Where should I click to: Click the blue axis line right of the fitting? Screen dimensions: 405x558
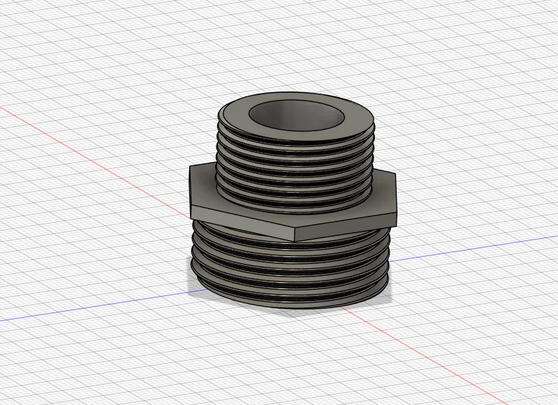[475, 247]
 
